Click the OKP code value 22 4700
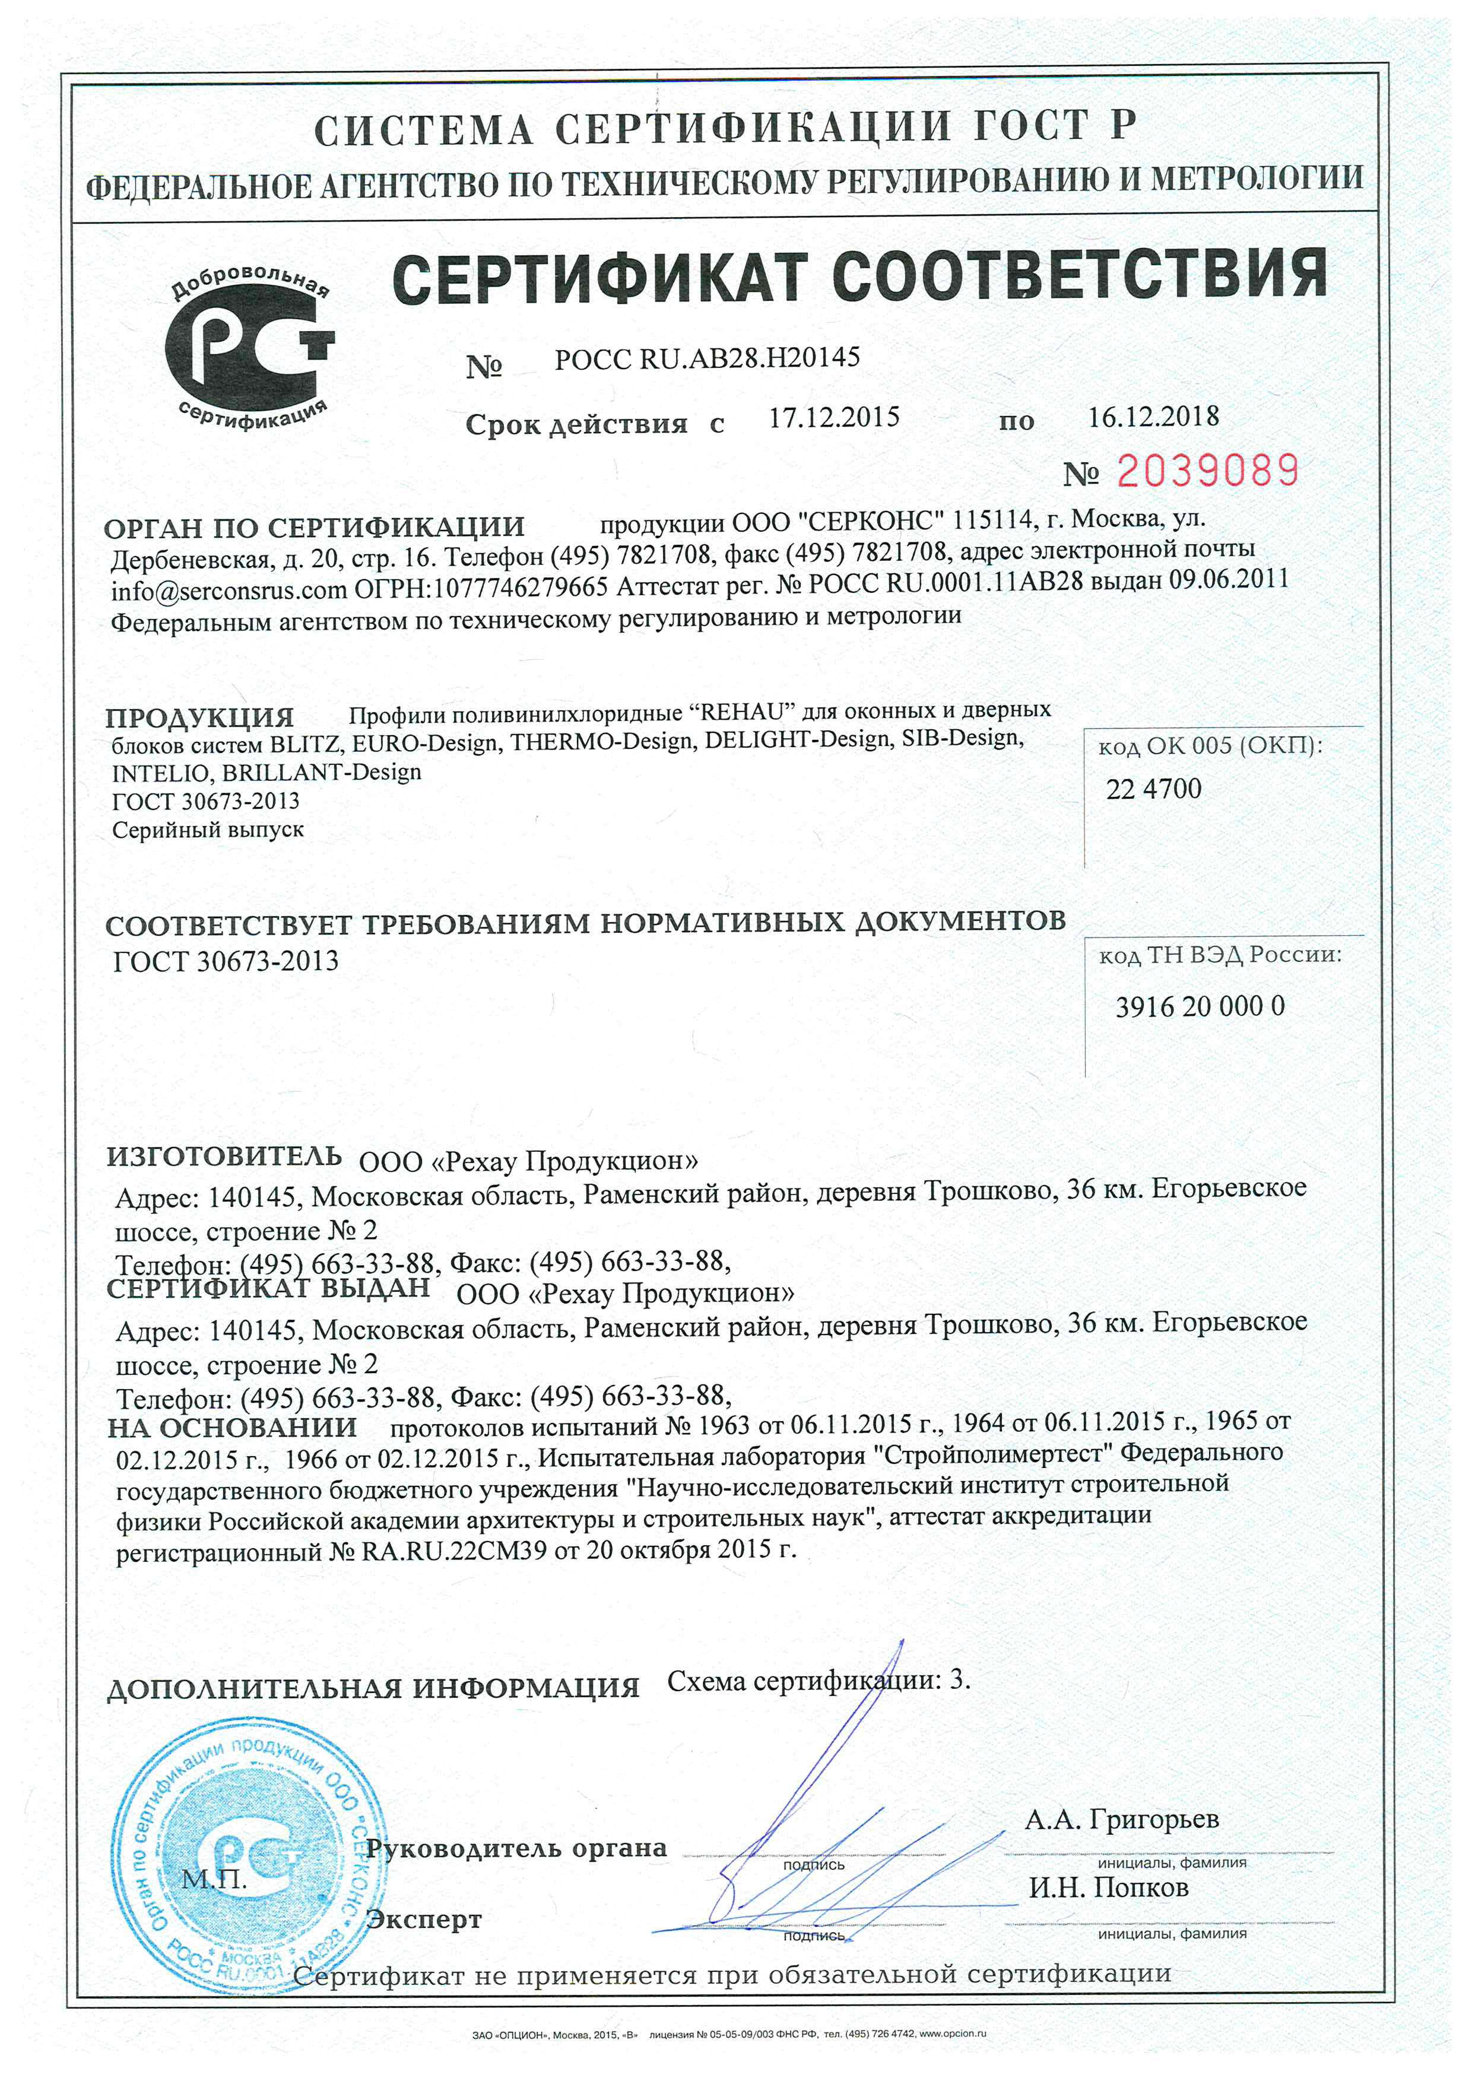(x=1153, y=789)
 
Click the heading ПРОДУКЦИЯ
(x=199, y=718)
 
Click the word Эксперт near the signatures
(x=423, y=1919)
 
